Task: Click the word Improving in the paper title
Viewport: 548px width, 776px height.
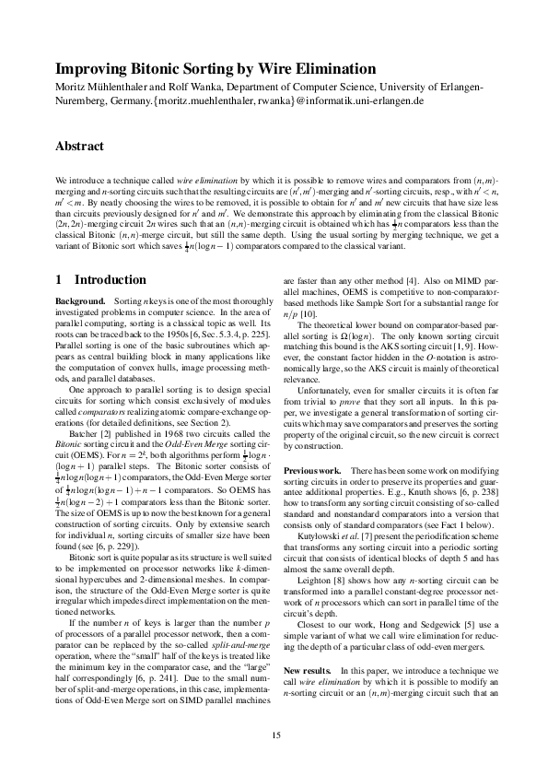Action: (91, 69)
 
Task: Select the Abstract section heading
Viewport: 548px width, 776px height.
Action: (80, 147)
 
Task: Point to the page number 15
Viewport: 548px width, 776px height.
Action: (274, 734)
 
